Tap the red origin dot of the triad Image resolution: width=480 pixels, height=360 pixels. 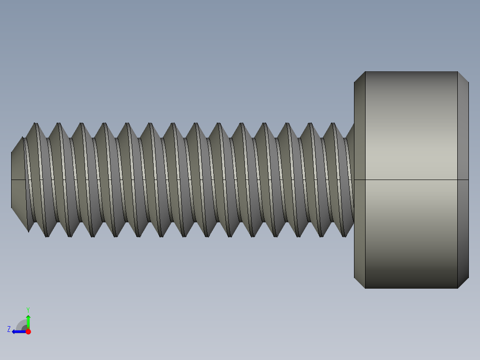pyautogui.click(x=28, y=331)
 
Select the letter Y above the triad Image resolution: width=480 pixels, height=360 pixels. pyautogui.click(x=28, y=309)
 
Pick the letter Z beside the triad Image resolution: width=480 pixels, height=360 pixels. pyautogui.click(x=9, y=329)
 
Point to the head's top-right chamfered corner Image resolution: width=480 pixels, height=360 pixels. pyautogui.click(x=463, y=77)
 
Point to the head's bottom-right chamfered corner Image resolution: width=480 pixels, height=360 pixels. pyautogui.click(x=463, y=283)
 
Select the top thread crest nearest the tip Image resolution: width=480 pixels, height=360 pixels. pyautogui.click(x=35, y=124)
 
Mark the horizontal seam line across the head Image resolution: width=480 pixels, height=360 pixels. pyautogui.click(x=411, y=180)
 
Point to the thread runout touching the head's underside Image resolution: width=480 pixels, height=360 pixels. pyautogui.click(x=350, y=132)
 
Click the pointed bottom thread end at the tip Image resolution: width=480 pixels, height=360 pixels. pyautogui.click(x=28, y=230)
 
